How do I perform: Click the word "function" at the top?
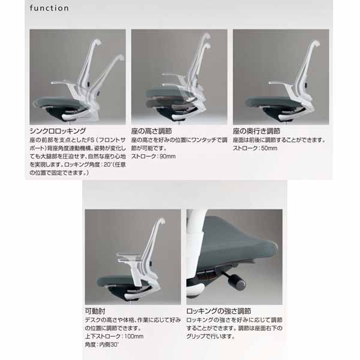(49, 8)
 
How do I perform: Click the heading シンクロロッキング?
(58, 131)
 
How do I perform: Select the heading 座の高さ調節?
(152, 131)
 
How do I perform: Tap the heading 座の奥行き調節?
(256, 131)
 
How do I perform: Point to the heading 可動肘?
(95, 311)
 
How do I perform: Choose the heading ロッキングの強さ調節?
(218, 311)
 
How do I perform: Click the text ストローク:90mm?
(154, 157)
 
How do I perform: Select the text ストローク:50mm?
(255, 148)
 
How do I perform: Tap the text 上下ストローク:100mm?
(114, 337)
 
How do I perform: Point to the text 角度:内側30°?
(102, 344)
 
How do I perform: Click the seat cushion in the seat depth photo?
(272, 101)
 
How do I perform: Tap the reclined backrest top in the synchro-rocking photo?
(119, 58)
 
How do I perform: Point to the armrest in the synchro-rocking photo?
(61, 82)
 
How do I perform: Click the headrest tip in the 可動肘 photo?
(162, 220)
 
